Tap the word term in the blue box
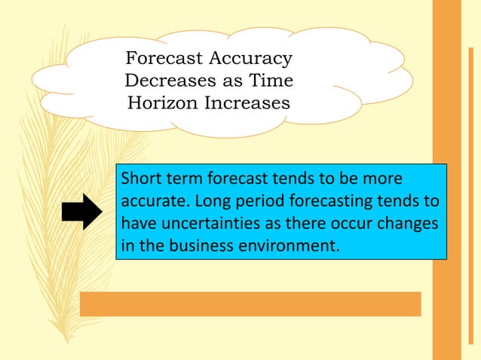pos(188,179)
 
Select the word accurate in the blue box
pos(152,201)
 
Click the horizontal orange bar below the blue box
pos(250,304)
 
